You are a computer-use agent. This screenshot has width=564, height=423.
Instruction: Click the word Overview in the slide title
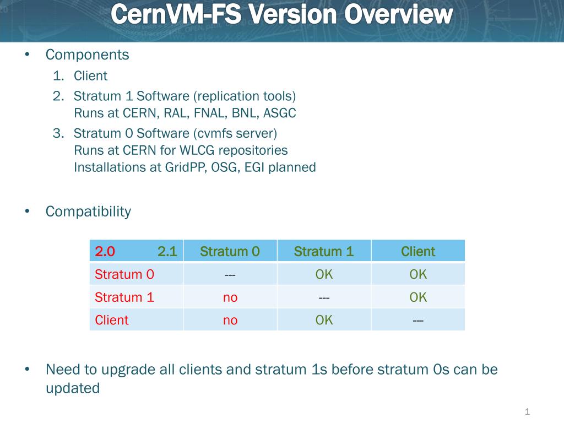pyautogui.click(x=398, y=14)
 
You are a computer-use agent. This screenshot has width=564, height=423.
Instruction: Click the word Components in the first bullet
pyautogui.click(x=88, y=55)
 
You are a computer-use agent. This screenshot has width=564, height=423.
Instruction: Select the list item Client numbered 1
pyautogui.click(x=91, y=76)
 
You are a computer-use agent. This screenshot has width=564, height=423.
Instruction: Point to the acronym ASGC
pyautogui.click(x=279, y=113)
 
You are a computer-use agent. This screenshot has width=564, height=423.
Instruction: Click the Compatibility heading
pyautogui.click(x=89, y=212)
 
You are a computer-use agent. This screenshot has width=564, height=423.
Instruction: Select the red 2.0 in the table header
pyautogui.click(x=105, y=251)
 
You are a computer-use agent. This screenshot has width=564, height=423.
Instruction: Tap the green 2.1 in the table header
pyautogui.click(x=167, y=251)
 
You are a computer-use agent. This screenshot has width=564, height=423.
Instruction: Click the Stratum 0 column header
pyautogui.click(x=230, y=251)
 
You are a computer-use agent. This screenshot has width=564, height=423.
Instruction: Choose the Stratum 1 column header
pyautogui.click(x=324, y=251)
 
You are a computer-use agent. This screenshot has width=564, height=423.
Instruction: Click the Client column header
pyautogui.click(x=418, y=251)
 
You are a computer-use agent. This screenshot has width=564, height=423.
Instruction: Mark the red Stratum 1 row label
pyautogui.click(x=124, y=297)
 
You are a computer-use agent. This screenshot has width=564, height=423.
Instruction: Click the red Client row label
pyautogui.click(x=111, y=320)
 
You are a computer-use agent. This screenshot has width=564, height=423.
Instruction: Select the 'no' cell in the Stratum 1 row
pyautogui.click(x=230, y=298)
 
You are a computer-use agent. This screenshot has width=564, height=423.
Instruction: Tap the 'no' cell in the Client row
pyautogui.click(x=230, y=321)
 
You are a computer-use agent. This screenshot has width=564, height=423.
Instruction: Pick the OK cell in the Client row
pyautogui.click(x=324, y=320)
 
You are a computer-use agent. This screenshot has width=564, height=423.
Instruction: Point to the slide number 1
pyautogui.click(x=527, y=411)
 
